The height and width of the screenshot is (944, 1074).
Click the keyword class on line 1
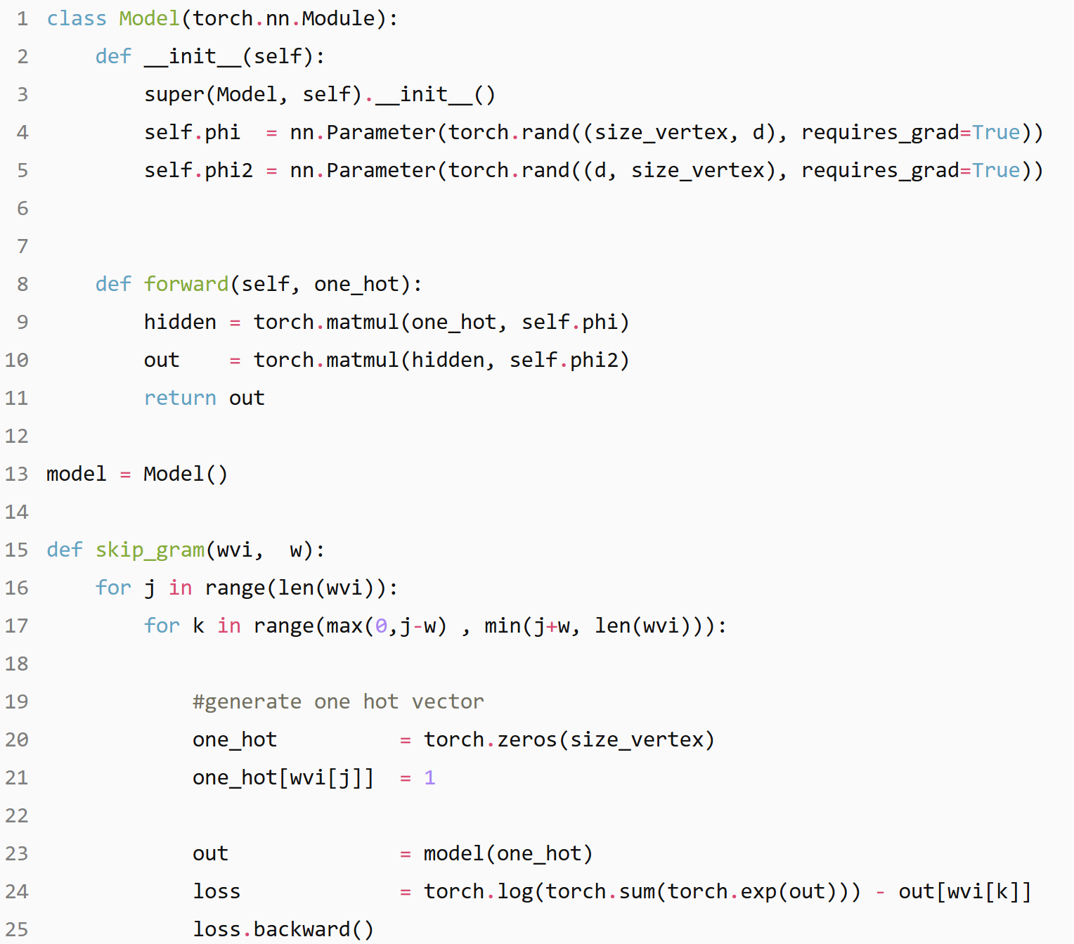click(76, 18)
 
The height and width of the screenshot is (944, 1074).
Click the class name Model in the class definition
click(149, 18)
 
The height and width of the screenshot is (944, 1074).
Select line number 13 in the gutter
click(17, 474)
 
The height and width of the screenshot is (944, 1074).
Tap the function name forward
click(186, 284)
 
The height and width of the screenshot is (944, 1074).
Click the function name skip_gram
click(150, 550)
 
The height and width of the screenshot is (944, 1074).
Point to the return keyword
click(180, 398)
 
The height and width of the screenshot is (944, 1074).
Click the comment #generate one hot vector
click(338, 701)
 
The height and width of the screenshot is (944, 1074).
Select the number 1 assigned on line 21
click(429, 777)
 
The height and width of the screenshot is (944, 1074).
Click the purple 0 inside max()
click(381, 626)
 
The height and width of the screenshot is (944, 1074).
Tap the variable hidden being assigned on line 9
click(180, 322)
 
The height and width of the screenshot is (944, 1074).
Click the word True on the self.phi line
click(996, 132)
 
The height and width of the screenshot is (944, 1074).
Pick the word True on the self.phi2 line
click(996, 170)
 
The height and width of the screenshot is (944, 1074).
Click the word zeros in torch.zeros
click(527, 739)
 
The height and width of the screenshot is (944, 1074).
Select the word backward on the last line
click(302, 929)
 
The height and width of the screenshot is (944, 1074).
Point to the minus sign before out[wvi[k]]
click(880, 891)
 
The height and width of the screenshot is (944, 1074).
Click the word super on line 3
click(174, 94)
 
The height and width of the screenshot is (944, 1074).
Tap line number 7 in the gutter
click(22, 246)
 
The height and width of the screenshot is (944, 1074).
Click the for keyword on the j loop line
click(113, 588)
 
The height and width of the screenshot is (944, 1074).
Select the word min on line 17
click(503, 626)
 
